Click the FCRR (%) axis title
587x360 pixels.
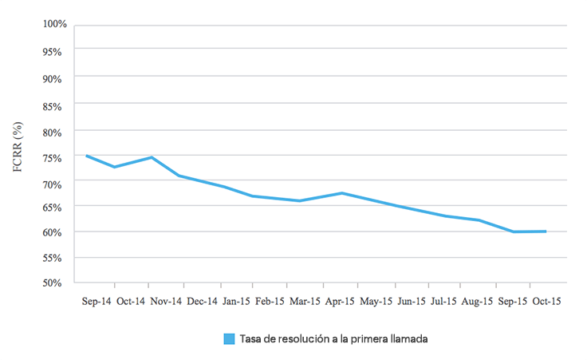(18, 148)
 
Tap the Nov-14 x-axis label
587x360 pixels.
(167, 302)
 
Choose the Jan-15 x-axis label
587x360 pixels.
(236, 302)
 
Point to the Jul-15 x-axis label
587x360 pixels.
(443, 302)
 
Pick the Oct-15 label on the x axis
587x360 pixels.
(547, 302)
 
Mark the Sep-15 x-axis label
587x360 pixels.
(512, 302)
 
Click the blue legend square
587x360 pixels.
(229, 338)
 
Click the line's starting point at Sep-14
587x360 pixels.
(86, 156)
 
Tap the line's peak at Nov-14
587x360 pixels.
(152, 157)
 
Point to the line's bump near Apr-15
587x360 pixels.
(341, 193)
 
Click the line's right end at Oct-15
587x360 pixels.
(546, 231)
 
